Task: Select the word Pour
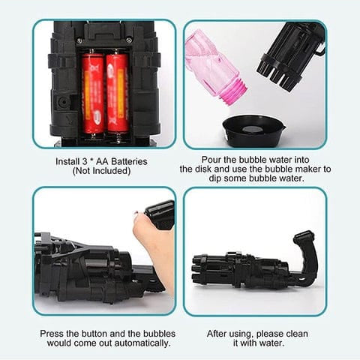pyautogui.click(x=213, y=159)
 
